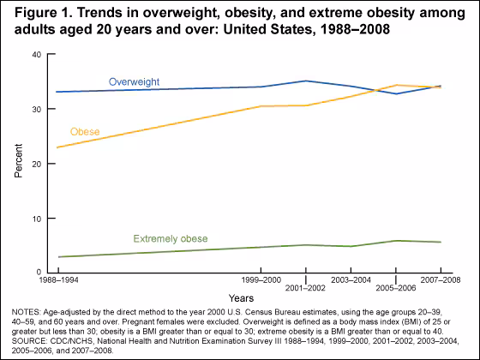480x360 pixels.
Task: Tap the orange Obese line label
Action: pyautogui.click(x=84, y=132)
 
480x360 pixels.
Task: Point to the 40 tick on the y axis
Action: pyautogui.click(x=35, y=55)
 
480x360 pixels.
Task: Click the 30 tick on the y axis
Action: pyautogui.click(x=35, y=110)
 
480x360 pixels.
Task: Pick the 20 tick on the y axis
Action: pyautogui.click(x=35, y=164)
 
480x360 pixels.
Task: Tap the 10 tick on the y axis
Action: pyautogui.click(x=35, y=219)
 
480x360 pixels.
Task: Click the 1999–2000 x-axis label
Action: pyautogui.click(x=261, y=280)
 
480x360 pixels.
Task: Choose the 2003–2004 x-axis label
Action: pyautogui.click(x=351, y=280)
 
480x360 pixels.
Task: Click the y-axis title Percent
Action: pyautogui.click(x=18, y=163)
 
